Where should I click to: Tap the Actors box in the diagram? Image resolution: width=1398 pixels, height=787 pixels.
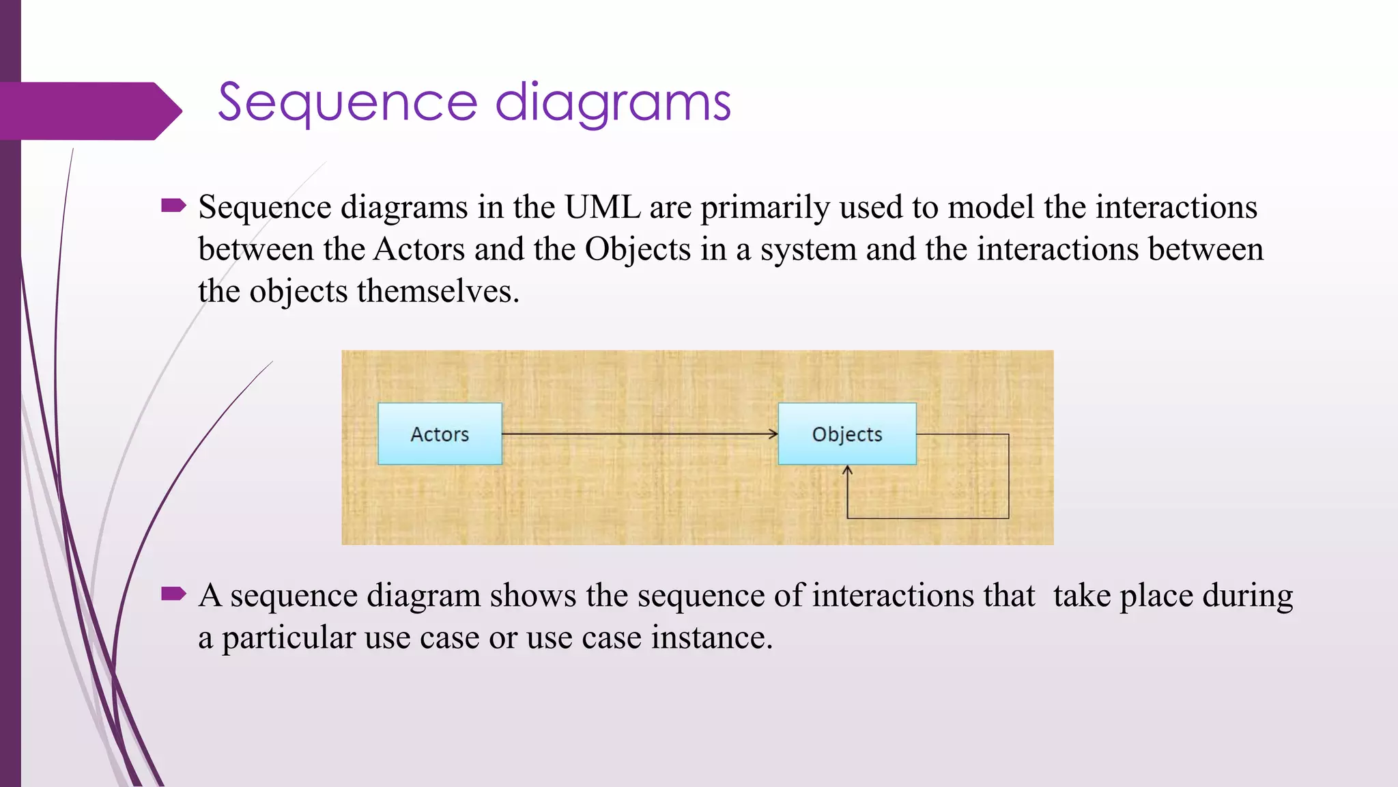tap(440, 434)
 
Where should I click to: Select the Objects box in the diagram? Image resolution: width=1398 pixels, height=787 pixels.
tap(846, 434)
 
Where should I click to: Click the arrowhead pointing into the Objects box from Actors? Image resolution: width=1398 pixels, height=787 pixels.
tap(773, 434)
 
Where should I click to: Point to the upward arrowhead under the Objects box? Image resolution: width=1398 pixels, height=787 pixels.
tap(847, 471)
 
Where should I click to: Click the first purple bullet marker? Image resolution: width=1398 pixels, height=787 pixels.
tap(173, 206)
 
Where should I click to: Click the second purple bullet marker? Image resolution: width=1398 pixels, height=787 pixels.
tap(173, 594)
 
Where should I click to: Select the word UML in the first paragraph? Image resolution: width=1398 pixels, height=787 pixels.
tap(603, 207)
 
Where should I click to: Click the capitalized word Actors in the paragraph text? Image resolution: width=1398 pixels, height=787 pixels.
tap(419, 249)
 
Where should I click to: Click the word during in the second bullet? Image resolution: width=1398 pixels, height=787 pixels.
tap(1247, 596)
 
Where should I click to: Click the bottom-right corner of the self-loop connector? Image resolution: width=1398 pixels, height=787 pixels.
tap(1008, 518)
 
